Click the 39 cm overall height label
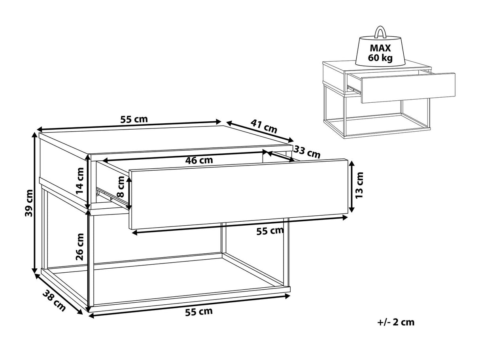tap(29, 203)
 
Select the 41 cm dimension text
tap(264, 126)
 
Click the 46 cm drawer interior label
tap(199, 160)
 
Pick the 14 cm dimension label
tap(80, 181)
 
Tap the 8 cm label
tap(121, 187)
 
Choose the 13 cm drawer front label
tap(359, 185)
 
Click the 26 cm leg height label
tap(80, 247)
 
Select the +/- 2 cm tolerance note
tap(396, 322)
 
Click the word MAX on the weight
tap(380, 48)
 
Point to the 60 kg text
tap(380, 58)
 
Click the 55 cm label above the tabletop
tap(134, 119)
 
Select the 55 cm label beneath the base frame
tap(199, 311)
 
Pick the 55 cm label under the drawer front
tap(270, 231)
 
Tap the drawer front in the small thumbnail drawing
tap(408, 88)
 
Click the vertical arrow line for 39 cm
tap(34, 203)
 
